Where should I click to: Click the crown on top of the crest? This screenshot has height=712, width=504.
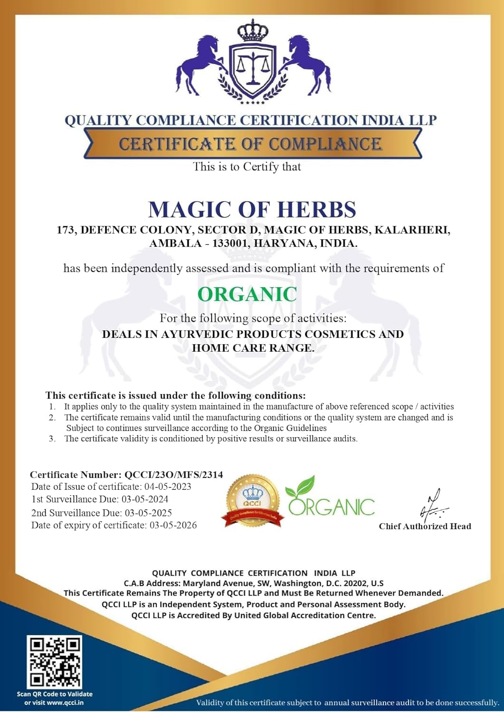(252, 31)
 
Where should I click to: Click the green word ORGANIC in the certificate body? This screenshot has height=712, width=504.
(247, 294)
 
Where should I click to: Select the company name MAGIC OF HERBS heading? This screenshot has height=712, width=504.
(252, 210)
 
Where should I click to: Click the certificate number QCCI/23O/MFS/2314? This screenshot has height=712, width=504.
(173, 475)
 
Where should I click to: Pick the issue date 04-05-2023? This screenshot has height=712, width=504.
(168, 487)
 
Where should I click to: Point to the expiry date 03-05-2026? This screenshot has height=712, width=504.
(173, 525)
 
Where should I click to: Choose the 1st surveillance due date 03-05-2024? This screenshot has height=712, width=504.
(145, 499)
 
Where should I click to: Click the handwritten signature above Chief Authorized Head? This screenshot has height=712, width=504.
(432, 506)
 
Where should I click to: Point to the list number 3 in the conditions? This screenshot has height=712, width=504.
(52, 439)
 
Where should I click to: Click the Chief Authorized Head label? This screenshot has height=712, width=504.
(425, 526)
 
